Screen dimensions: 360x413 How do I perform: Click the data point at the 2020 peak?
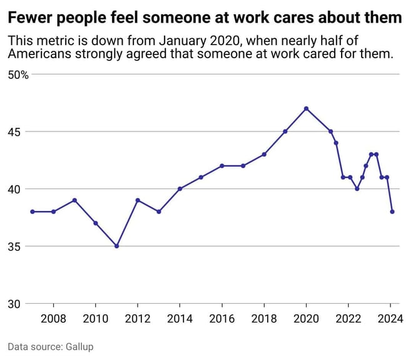point(306,108)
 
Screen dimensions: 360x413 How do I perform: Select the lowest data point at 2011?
point(116,246)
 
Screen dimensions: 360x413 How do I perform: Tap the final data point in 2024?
point(392,212)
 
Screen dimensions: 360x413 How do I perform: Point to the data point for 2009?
point(74,200)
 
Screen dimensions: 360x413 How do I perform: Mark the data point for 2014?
point(180,188)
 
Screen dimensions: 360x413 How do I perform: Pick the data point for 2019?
point(285,131)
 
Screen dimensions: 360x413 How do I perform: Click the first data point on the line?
point(33,212)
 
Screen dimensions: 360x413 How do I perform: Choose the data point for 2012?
point(138,200)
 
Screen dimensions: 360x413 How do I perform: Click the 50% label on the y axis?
point(18,75)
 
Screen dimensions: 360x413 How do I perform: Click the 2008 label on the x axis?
point(53,318)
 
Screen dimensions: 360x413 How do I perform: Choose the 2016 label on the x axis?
point(222,318)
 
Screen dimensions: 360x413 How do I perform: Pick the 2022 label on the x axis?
point(348,318)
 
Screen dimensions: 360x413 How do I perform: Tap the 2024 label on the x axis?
point(390,318)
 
